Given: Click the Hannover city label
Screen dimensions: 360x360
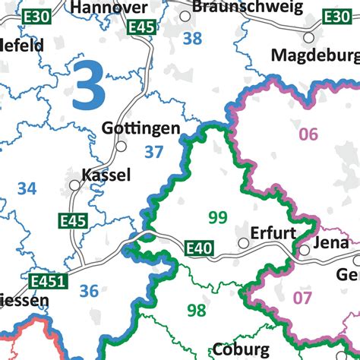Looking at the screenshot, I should coord(109,8).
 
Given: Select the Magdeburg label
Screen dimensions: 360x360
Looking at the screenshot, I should coord(315,55).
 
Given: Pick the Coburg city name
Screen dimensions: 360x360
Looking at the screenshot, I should coord(242,350).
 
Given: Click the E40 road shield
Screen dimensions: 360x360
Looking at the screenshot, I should coord(198,248).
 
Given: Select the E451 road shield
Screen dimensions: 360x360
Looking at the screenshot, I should coord(49,282).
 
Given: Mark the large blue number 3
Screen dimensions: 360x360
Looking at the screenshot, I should coord(90,88).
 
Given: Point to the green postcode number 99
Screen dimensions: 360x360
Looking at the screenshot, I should coord(218,218).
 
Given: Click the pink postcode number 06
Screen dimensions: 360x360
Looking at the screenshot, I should coord(308,135).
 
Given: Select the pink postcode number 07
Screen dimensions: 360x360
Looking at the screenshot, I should coord(302,298).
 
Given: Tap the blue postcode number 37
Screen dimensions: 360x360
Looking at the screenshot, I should coord(154,152).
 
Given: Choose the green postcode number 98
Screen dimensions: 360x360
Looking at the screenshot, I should coord(196,310).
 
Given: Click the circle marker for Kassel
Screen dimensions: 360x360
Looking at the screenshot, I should coord(74,185).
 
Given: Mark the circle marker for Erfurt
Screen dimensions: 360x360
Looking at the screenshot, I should coord(243,243).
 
